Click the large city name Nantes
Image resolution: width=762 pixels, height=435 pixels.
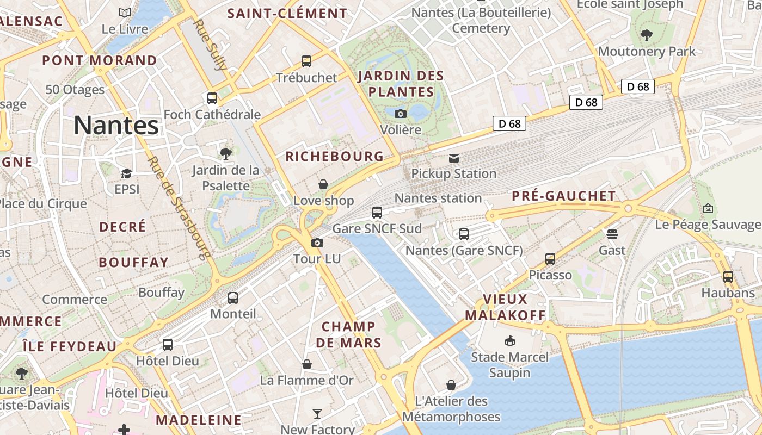coord(116,126)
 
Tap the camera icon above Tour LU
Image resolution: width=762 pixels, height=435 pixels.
coord(317,243)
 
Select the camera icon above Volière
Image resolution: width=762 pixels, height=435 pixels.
coord(401,114)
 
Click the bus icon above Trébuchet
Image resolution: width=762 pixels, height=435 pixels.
coord(306,61)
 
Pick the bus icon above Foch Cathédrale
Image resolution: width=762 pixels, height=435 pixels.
coord(212,98)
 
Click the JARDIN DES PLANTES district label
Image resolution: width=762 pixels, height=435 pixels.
coord(401,83)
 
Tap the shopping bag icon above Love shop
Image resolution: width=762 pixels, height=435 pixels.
coord(323,184)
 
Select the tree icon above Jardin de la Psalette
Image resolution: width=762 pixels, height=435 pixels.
coord(225,154)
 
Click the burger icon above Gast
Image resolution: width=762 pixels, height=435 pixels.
coord(612,234)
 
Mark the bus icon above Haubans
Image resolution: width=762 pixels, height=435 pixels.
coord(728,276)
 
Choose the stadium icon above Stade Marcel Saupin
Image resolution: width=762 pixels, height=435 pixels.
coord(510,341)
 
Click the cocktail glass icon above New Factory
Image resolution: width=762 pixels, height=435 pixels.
coord(317,414)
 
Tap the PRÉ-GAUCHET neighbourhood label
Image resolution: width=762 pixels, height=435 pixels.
coord(564,196)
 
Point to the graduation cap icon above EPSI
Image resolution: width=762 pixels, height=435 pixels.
coord(126,173)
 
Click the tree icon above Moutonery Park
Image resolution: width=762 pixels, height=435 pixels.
coord(647,35)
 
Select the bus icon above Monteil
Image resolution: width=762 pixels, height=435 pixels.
coord(233,297)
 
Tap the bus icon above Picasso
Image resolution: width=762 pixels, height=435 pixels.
coord(550,259)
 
